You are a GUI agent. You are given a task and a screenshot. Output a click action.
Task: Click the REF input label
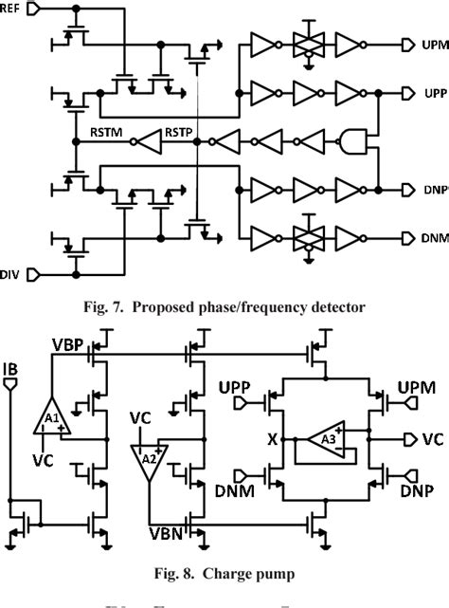13,7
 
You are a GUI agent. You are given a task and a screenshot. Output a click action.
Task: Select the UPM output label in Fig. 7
428,46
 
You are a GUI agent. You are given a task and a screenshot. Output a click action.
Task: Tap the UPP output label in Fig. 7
428,93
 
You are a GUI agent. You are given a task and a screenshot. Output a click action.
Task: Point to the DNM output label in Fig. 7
428,235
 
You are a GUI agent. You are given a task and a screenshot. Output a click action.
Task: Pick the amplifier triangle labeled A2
148,459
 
